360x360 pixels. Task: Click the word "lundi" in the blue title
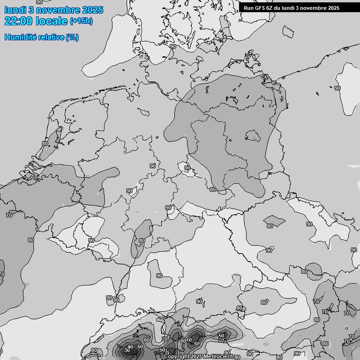click(15, 10)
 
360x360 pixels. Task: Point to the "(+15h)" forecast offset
click(81, 21)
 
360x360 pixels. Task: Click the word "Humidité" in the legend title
click(20, 37)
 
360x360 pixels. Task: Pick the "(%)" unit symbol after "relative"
click(72, 37)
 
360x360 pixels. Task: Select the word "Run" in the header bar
click(248, 8)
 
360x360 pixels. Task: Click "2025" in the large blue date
click(92, 10)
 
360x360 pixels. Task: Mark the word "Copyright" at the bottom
click(177, 356)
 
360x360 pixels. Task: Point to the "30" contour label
click(127, 350)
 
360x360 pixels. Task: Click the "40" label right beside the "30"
click(131, 346)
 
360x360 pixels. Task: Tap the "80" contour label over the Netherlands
click(45, 143)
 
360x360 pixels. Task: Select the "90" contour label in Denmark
click(173, 46)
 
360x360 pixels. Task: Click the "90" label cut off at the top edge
click(39, 2)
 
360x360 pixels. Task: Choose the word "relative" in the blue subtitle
click(51, 37)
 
